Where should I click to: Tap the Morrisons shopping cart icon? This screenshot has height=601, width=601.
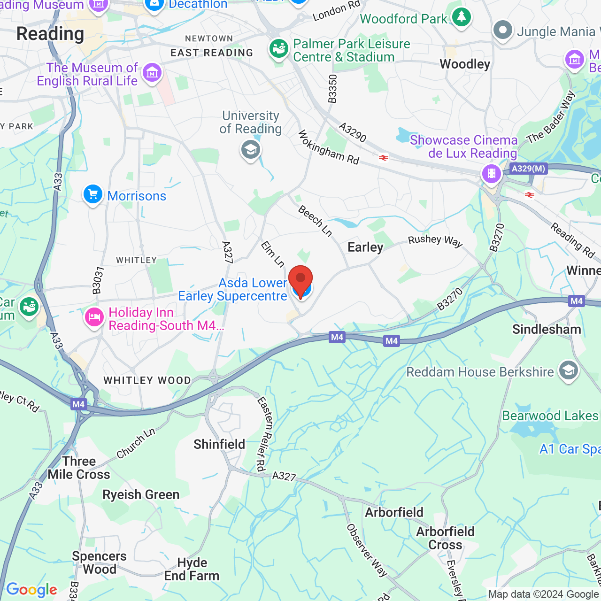pyautogui.click(x=92, y=194)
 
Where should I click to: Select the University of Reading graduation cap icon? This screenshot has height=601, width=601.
pyautogui.click(x=251, y=150)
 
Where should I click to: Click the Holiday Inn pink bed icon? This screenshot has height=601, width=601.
pyautogui.click(x=94, y=318)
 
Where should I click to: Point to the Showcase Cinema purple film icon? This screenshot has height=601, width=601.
pyautogui.click(x=492, y=174)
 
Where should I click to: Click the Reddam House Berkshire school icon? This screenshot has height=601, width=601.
pyautogui.click(x=568, y=370)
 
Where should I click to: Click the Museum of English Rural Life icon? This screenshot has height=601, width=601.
pyautogui.click(x=152, y=73)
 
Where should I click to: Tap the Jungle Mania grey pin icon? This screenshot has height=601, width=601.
pyautogui.click(x=503, y=30)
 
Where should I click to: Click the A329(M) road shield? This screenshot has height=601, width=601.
pyautogui.click(x=529, y=169)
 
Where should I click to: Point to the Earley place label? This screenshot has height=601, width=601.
pyautogui.click(x=365, y=247)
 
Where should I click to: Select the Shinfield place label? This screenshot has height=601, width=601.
pyautogui.click(x=219, y=444)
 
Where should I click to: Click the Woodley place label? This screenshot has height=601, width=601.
pyautogui.click(x=465, y=64)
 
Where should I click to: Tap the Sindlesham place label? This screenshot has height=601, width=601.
pyautogui.click(x=547, y=330)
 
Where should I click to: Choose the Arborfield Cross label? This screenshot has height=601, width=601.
pyautogui.click(x=445, y=538)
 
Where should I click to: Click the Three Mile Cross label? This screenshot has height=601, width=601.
pyautogui.click(x=79, y=468)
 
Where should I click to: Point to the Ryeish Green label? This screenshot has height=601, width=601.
pyautogui.click(x=141, y=495)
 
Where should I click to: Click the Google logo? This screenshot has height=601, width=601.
pyautogui.click(x=31, y=590)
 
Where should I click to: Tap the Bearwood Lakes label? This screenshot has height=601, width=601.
pyautogui.click(x=550, y=416)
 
